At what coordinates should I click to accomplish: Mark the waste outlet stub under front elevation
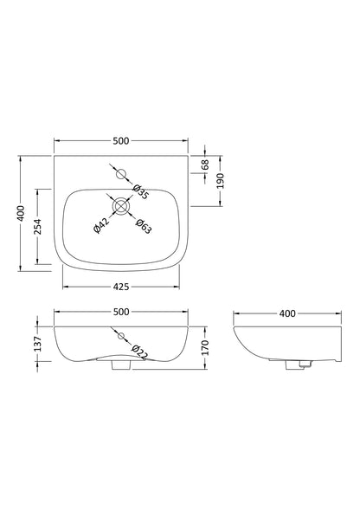120,367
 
